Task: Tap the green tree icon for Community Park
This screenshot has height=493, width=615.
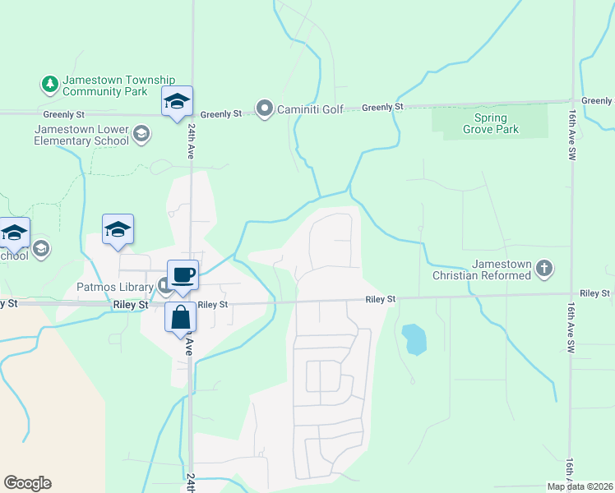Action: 49,84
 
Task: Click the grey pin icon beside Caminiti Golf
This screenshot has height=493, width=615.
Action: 265,108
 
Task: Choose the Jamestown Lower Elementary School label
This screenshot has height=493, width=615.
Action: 81,135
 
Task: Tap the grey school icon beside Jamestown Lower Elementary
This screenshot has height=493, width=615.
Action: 141,134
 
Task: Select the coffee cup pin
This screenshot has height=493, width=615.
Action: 183,275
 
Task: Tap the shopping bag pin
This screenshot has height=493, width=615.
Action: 180,317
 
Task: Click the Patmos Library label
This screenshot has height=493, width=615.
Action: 115,287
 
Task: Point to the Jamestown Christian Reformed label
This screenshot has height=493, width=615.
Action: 501,270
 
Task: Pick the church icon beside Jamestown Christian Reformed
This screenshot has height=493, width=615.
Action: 543,268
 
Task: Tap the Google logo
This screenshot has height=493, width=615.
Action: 27,483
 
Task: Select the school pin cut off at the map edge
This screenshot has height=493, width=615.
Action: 14,233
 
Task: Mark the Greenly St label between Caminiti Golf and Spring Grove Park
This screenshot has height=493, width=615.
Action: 383,108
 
